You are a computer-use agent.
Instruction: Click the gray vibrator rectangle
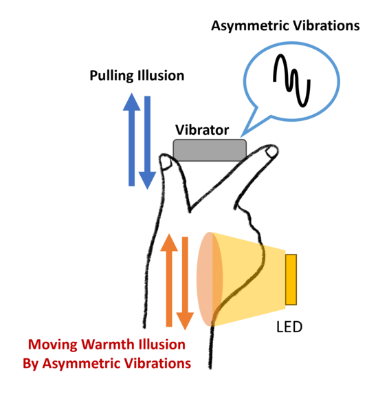tap(210, 150)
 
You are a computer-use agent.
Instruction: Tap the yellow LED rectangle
tap(291, 279)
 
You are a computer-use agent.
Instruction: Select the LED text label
tap(289, 327)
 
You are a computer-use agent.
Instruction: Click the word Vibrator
tap(202, 130)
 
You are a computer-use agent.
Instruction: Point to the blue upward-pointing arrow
tap(131, 140)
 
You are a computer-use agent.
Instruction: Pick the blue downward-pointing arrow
tap(148, 142)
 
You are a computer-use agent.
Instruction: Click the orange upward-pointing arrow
tap(169, 280)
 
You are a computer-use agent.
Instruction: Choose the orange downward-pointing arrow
tap(185, 283)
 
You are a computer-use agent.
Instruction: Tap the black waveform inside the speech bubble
tap(291, 80)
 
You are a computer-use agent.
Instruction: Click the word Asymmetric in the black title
tap(250, 26)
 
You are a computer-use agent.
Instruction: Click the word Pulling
tap(112, 76)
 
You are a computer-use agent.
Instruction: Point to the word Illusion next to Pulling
tap(161, 76)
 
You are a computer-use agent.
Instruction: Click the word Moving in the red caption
tap(53, 345)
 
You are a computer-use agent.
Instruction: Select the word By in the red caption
tap(31, 364)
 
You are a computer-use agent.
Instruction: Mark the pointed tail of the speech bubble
tap(241, 137)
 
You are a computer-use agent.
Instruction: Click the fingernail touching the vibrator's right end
tap(271, 152)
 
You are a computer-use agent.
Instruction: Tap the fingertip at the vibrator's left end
tap(166, 162)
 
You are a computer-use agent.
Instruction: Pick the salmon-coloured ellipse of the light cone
tap(210, 279)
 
